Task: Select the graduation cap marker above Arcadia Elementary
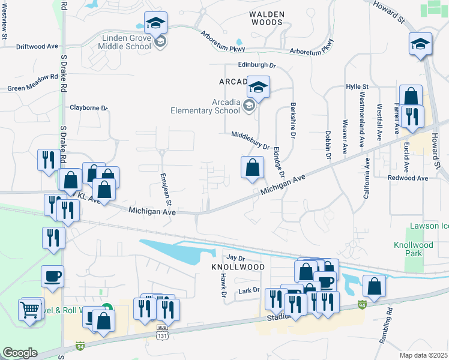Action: coord(259,88)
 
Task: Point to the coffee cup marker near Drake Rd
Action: coord(52,276)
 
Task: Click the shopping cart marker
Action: coord(29,310)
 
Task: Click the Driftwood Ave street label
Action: coord(37,46)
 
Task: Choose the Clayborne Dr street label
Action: coord(88,108)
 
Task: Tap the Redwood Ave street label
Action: coord(408,178)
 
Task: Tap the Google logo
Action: coord(20,353)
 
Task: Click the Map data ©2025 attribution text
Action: coord(423,355)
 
